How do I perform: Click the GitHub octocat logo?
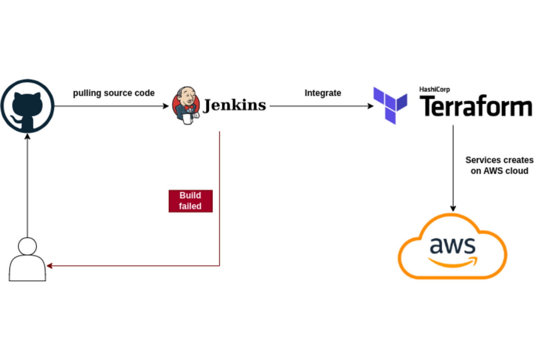(x=27, y=106)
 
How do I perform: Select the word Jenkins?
(x=234, y=105)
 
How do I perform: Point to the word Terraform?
(x=476, y=107)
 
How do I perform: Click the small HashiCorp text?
(x=434, y=90)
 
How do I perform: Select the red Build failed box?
(x=190, y=201)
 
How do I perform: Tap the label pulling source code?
(x=114, y=93)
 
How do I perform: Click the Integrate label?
(x=322, y=93)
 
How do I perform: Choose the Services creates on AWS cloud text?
(x=499, y=165)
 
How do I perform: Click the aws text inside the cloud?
(x=453, y=245)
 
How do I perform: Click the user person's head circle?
(x=27, y=246)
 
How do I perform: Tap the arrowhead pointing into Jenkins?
(x=167, y=106)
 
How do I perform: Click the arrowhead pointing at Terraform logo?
(x=371, y=106)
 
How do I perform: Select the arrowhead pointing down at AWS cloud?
(x=453, y=208)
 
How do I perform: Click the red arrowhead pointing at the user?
(x=50, y=266)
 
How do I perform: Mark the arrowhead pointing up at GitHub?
(x=27, y=137)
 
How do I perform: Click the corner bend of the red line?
(x=219, y=266)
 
